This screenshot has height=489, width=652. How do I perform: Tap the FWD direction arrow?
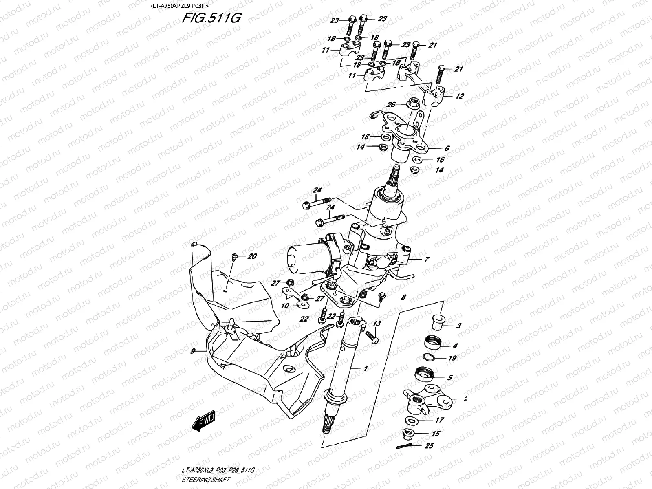[204, 424]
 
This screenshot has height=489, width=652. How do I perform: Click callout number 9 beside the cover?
[193, 350]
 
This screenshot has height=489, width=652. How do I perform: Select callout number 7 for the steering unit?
[426, 259]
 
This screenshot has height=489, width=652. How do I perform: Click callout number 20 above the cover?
[252, 256]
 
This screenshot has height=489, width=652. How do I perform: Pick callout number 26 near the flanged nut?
[391, 105]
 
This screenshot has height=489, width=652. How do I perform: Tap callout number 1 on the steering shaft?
[366, 368]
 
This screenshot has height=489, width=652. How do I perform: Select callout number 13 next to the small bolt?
[377, 324]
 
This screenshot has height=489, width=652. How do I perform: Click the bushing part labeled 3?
[440, 321]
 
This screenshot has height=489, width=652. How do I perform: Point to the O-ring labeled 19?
[428, 358]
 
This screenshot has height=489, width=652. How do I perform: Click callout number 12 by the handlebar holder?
[459, 97]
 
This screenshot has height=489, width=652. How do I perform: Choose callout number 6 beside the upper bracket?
[447, 149]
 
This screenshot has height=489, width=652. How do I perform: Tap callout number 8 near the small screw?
[403, 297]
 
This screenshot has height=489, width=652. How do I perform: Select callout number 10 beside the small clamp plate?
[285, 305]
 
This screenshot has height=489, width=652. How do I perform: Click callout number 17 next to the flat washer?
[439, 420]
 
